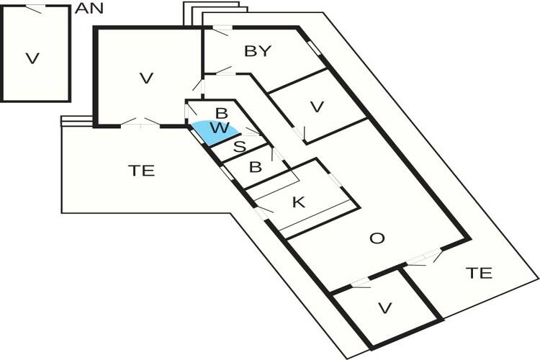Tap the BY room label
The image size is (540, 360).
click(x=257, y=51)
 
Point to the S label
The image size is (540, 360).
click(x=240, y=147)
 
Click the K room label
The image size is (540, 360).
click(x=299, y=202)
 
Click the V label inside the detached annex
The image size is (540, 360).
click(x=32, y=58)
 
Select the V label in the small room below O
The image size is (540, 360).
click(x=385, y=308)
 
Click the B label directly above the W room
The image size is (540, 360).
click(x=222, y=113)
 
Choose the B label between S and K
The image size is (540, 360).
click(x=254, y=168)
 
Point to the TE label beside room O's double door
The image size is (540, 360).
click(x=479, y=273)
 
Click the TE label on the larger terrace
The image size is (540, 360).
click(x=142, y=171)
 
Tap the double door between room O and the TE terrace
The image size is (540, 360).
click(x=426, y=258)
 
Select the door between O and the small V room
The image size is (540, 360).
click(x=359, y=283)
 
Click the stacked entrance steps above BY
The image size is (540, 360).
click(x=216, y=13)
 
